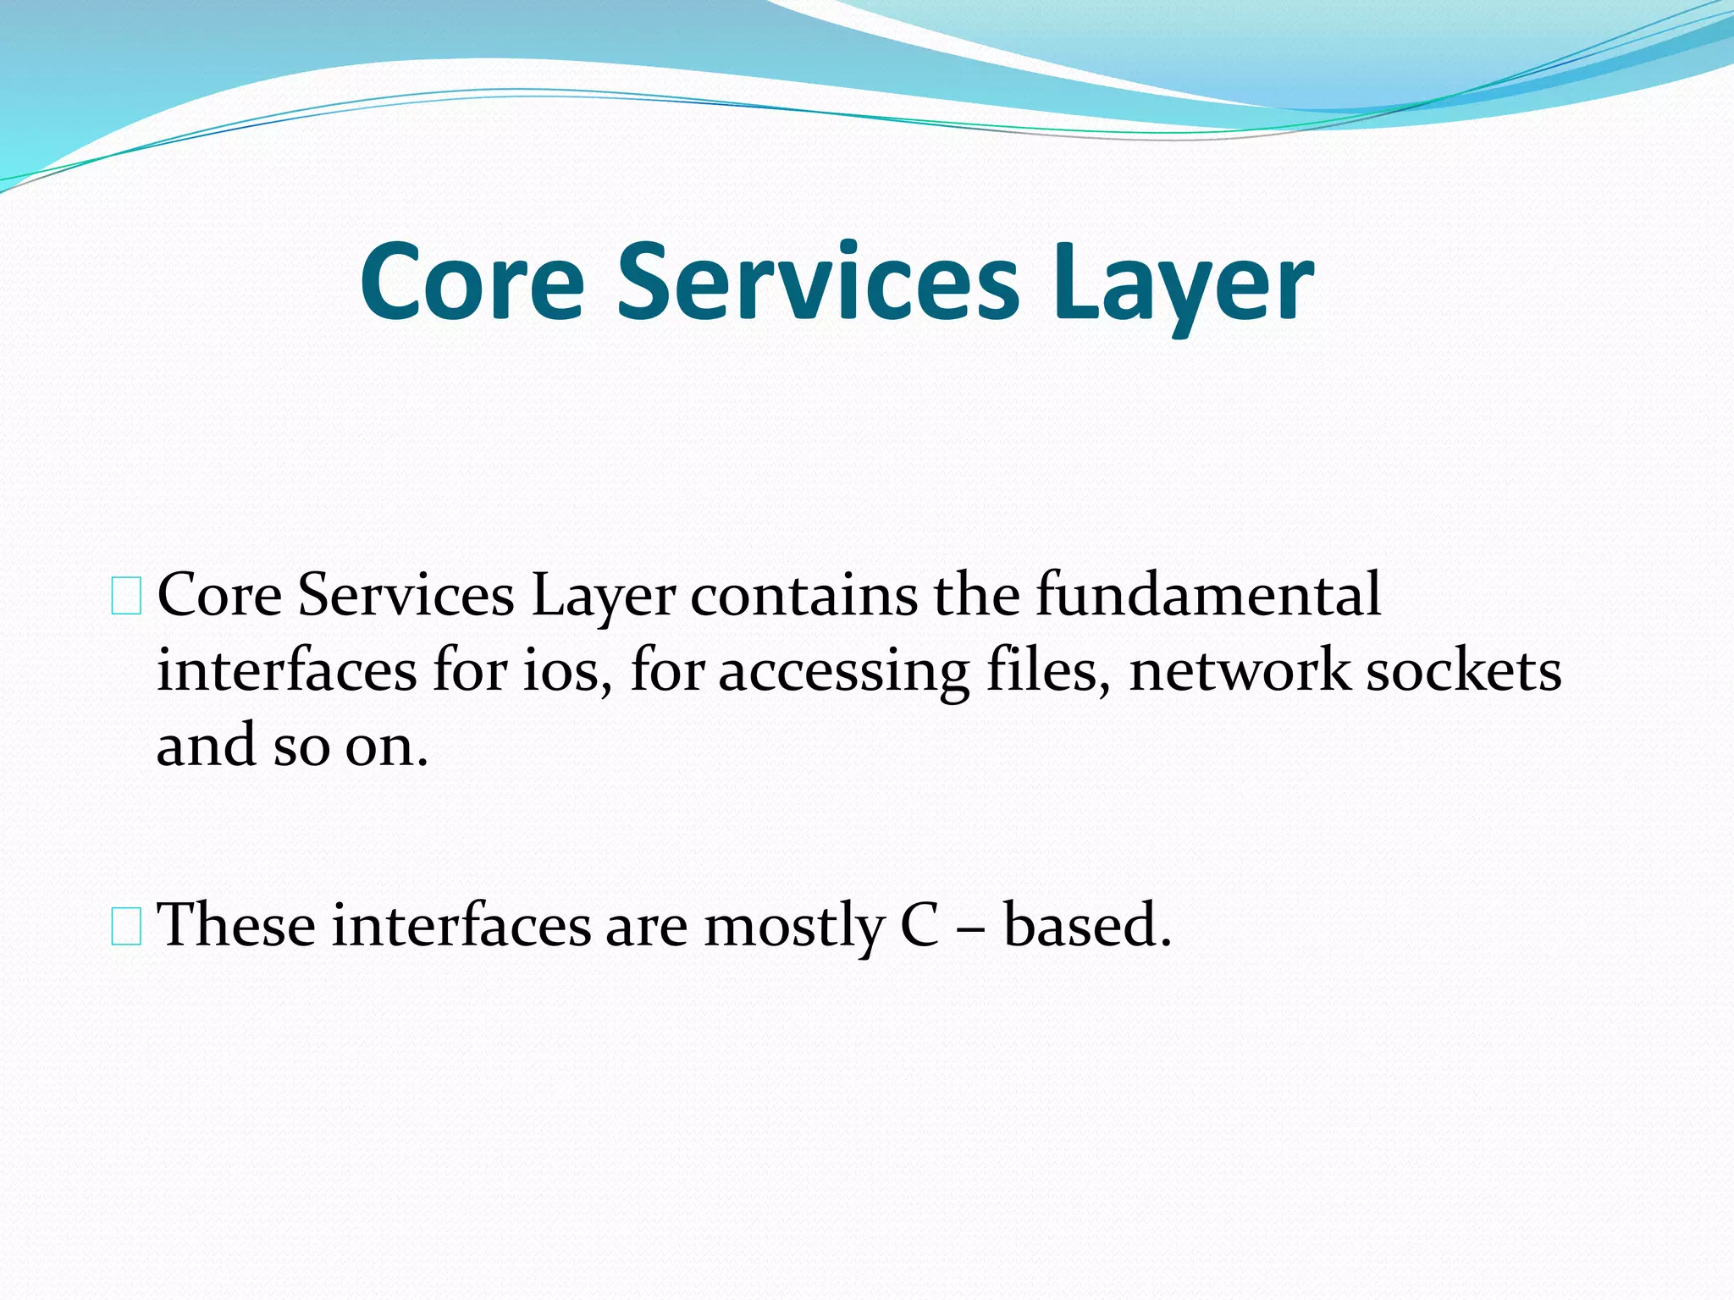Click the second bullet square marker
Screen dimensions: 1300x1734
(126, 928)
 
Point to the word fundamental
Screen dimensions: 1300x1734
(1208, 594)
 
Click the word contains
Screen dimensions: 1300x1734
(804, 594)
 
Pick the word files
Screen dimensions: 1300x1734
(1048, 670)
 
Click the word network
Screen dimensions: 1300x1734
(1239, 670)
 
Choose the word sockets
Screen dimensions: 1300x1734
(1464, 670)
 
